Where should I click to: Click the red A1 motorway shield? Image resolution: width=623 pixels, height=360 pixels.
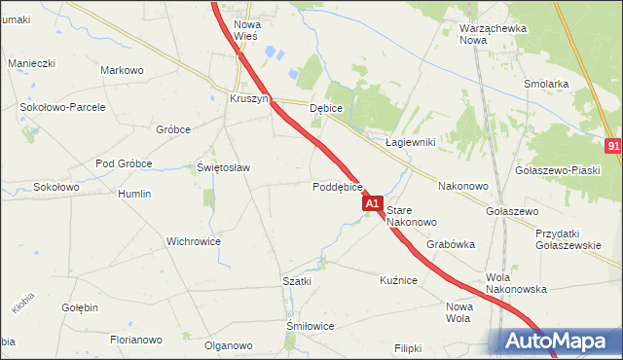[x=372, y=204]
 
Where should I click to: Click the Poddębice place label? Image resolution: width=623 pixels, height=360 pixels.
[x=338, y=187]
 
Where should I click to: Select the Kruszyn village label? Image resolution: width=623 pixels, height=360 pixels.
[x=248, y=99]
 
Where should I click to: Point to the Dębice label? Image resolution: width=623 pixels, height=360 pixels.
[x=327, y=109]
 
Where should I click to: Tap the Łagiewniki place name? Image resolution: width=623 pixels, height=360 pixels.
[x=410, y=142]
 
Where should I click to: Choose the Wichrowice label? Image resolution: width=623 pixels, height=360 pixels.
[x=194, y=241]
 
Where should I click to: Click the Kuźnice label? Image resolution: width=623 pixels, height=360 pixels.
[x=398, y=280]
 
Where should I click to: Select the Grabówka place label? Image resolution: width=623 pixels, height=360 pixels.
[x=450, y=245]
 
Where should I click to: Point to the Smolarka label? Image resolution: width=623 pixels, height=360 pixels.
[x=545, y=84]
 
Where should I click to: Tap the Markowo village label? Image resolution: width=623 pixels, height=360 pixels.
[x=122, y=70]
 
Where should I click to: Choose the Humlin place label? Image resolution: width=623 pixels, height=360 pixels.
[x=134, y=194]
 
